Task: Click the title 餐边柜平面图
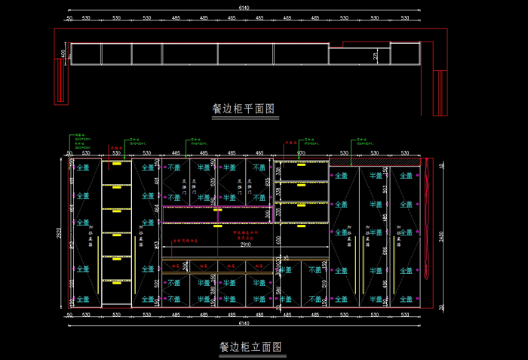coord(243,109)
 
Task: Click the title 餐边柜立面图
coord(250,347)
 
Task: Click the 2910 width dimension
coord(245,245)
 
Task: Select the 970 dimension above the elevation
coord(301,152)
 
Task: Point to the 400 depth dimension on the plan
coord(63,54)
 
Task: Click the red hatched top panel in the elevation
coord(374,161)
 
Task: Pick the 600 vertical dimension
coord(277,239)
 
